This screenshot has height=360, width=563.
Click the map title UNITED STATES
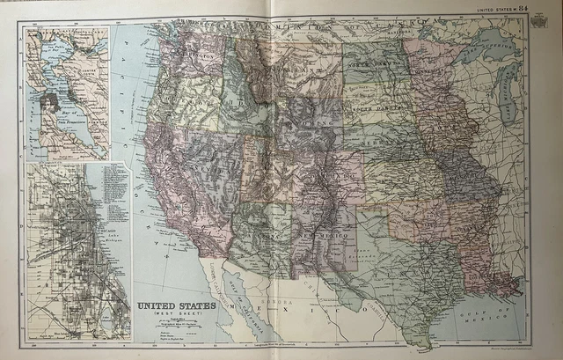(170, 305)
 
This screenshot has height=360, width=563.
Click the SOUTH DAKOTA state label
(373, 111)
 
